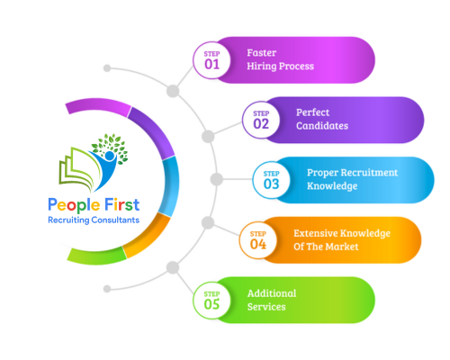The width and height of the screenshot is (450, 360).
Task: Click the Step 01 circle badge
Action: [x=211, y=60]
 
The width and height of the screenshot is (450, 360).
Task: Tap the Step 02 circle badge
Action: [x=261, y=120]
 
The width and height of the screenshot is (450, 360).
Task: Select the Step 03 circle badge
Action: [x=271, y=180]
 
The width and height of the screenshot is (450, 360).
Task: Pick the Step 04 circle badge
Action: [x=258, y=240]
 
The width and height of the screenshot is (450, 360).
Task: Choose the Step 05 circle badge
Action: [x=211, y=301]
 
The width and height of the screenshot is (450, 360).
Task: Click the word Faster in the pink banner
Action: [x=262, y=53]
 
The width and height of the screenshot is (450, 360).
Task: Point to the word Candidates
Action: [x=322, y=126]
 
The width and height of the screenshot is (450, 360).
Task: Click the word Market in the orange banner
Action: [x=342, y=247]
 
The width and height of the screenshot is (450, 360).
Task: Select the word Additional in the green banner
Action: [x=272, y=293]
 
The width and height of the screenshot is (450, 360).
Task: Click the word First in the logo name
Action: [x=122, y=205]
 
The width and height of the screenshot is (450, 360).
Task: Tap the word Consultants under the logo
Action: [x=115, y=220]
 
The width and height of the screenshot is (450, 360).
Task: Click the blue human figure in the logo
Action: [x=104, y=170]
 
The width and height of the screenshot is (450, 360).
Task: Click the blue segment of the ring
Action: [x=171, y=186]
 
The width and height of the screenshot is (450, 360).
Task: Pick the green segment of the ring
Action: [x=96, y=256]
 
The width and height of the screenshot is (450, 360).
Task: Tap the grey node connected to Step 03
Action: [x=216, y=179]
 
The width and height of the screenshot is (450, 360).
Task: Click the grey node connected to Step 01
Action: [x=173, y=91]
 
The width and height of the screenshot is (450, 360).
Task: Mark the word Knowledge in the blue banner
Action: [x=332, y=186]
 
